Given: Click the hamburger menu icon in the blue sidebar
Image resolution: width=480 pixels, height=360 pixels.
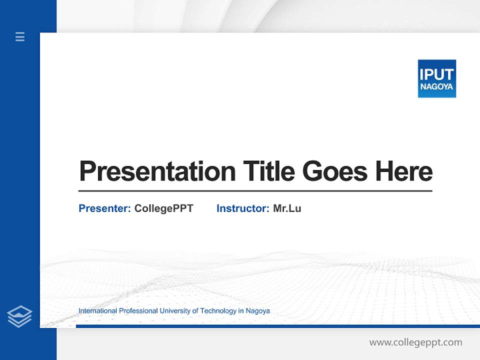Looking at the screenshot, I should tap(20, 36).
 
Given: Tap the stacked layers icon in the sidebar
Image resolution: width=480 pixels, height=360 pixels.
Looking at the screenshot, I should tap(19, 316).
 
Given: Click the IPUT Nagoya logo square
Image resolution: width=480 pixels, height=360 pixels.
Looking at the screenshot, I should tap(436, 78).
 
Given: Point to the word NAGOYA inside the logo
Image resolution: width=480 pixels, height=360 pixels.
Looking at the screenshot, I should tap(436, 87).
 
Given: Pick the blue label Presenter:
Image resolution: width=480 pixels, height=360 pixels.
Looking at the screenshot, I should tap(104, 208).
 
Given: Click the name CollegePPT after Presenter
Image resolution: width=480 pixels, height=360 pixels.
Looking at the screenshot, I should tap(163, 208).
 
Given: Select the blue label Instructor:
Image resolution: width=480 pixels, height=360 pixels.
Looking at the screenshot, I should tap(242, 208).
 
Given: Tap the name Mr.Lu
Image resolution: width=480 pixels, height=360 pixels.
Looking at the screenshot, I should tap(287, 208).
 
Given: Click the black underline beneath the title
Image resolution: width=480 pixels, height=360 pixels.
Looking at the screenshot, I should tap(255, 190).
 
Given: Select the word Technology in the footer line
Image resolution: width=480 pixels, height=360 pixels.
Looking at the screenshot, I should tap(218, 311).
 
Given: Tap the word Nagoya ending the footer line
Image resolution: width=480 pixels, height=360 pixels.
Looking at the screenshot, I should tap(257, 311).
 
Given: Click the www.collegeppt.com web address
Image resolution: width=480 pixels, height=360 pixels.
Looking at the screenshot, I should tap(415, 342).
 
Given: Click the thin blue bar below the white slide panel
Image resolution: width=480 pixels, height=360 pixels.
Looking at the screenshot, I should tap(277, 326).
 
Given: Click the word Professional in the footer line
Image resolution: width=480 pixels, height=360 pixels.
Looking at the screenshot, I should tap(138, 311).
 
